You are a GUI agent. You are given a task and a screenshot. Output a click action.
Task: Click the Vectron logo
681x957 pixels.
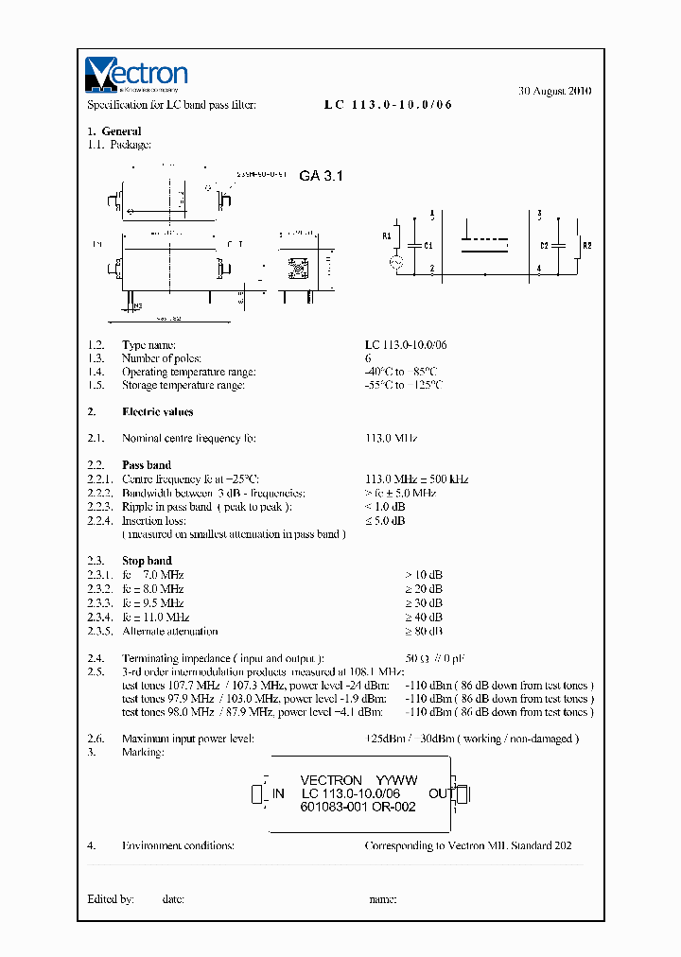coord(136,74)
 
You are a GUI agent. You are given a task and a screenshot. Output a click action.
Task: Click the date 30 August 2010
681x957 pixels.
coord(555,92)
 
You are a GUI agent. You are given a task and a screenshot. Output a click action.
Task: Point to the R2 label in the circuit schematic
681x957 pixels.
coord(586,245)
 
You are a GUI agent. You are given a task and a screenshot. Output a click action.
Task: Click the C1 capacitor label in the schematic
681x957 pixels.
coord(428,246)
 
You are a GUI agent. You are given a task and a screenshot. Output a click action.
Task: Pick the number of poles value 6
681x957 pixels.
coord(368,358)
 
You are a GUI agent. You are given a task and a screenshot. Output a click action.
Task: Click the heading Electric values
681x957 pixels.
coord(157,412)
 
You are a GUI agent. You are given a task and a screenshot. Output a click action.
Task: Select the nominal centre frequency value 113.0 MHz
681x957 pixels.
coord(391,439)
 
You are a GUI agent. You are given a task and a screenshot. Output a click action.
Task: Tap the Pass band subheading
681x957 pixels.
coord(147,465)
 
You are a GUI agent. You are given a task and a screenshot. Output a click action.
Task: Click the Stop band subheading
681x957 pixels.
coord(147,561)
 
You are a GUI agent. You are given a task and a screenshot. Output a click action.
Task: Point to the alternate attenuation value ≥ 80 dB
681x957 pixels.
coord(423,631)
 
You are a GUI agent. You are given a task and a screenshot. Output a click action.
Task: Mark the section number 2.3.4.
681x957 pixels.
coord(100,617)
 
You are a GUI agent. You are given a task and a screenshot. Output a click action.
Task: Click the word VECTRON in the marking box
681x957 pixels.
coord(330,780)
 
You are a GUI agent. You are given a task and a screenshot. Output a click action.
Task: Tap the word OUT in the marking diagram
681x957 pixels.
coord(441,793)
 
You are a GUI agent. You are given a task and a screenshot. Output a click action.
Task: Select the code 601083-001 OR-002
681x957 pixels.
coord(358,807)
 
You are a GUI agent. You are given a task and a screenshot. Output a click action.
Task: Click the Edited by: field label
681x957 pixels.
coord(111,899)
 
